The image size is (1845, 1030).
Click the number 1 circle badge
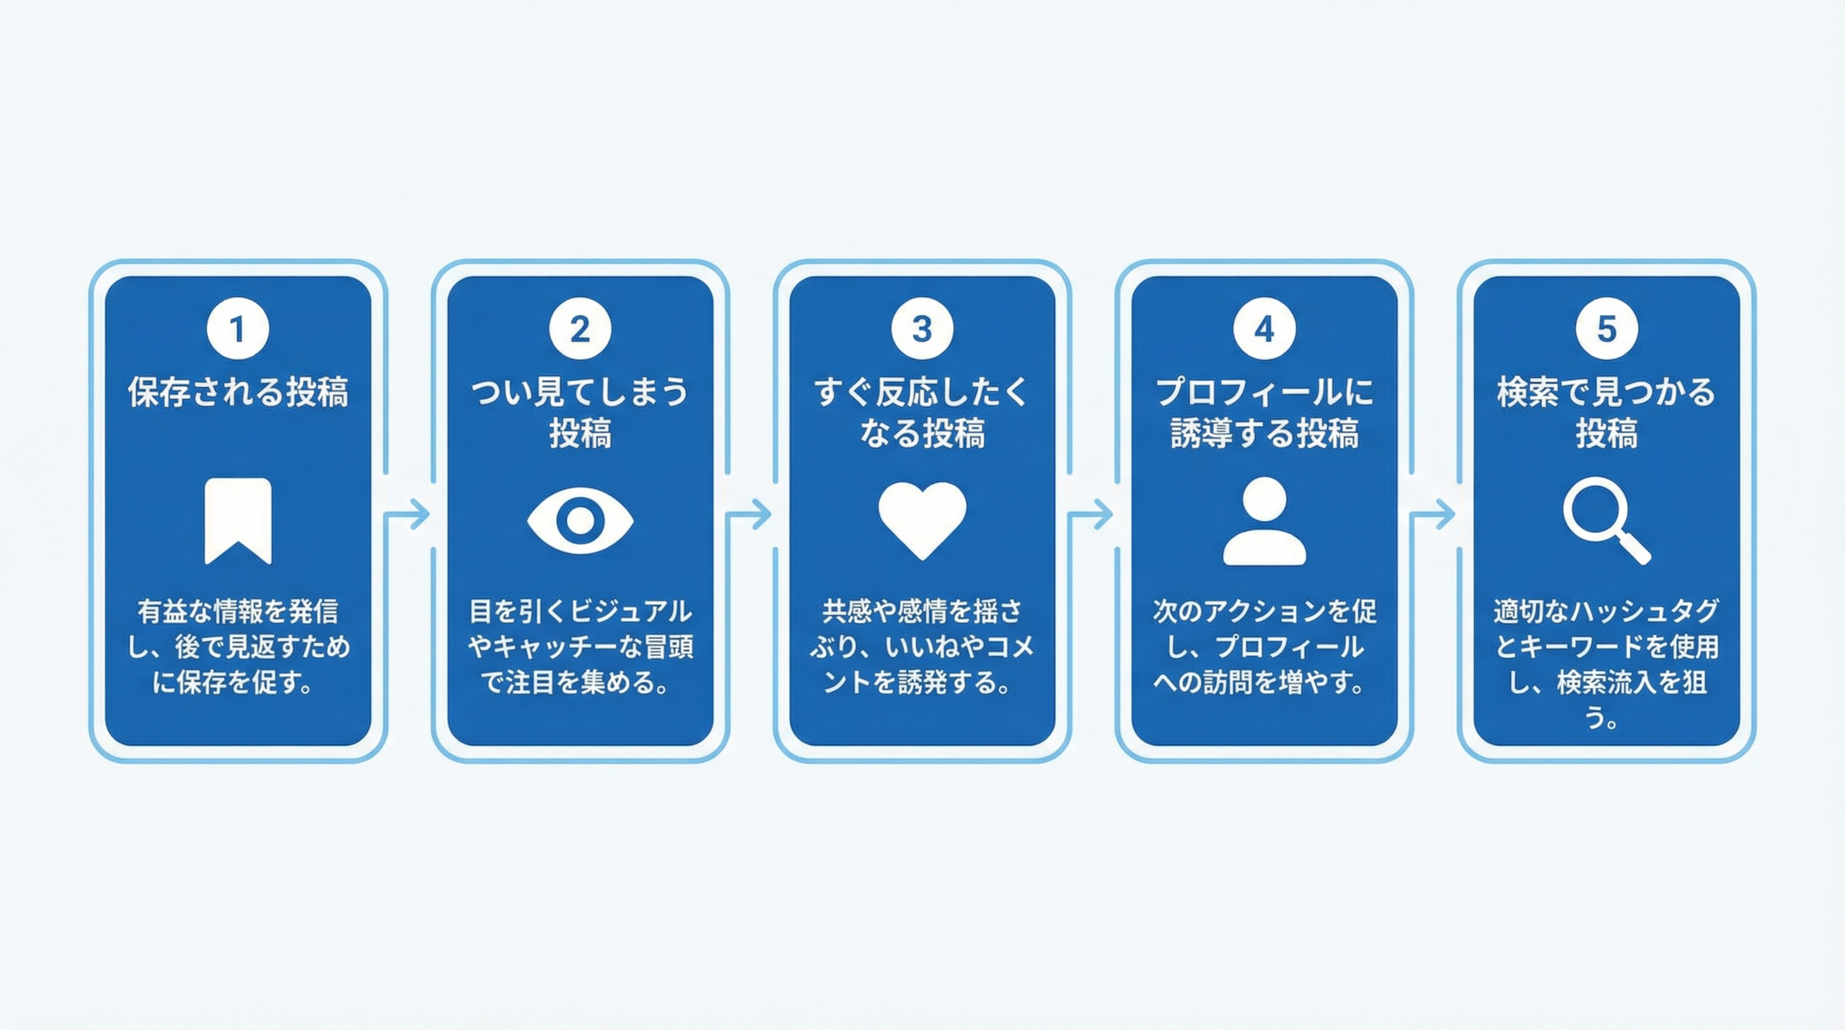(238, 329)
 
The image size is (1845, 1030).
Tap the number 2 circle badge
(580, 329)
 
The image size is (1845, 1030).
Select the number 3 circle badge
(922, 329)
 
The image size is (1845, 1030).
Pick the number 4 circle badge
(1264, 329)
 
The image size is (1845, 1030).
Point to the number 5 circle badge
(1606, 329)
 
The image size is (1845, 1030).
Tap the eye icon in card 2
(580, 521)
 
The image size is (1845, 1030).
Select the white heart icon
(922, 518)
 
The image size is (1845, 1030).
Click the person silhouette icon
(1264, 521)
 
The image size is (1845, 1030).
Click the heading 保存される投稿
(238, 392)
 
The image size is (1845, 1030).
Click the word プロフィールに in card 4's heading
(1264, 392)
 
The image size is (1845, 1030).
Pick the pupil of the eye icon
(580, 521)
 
